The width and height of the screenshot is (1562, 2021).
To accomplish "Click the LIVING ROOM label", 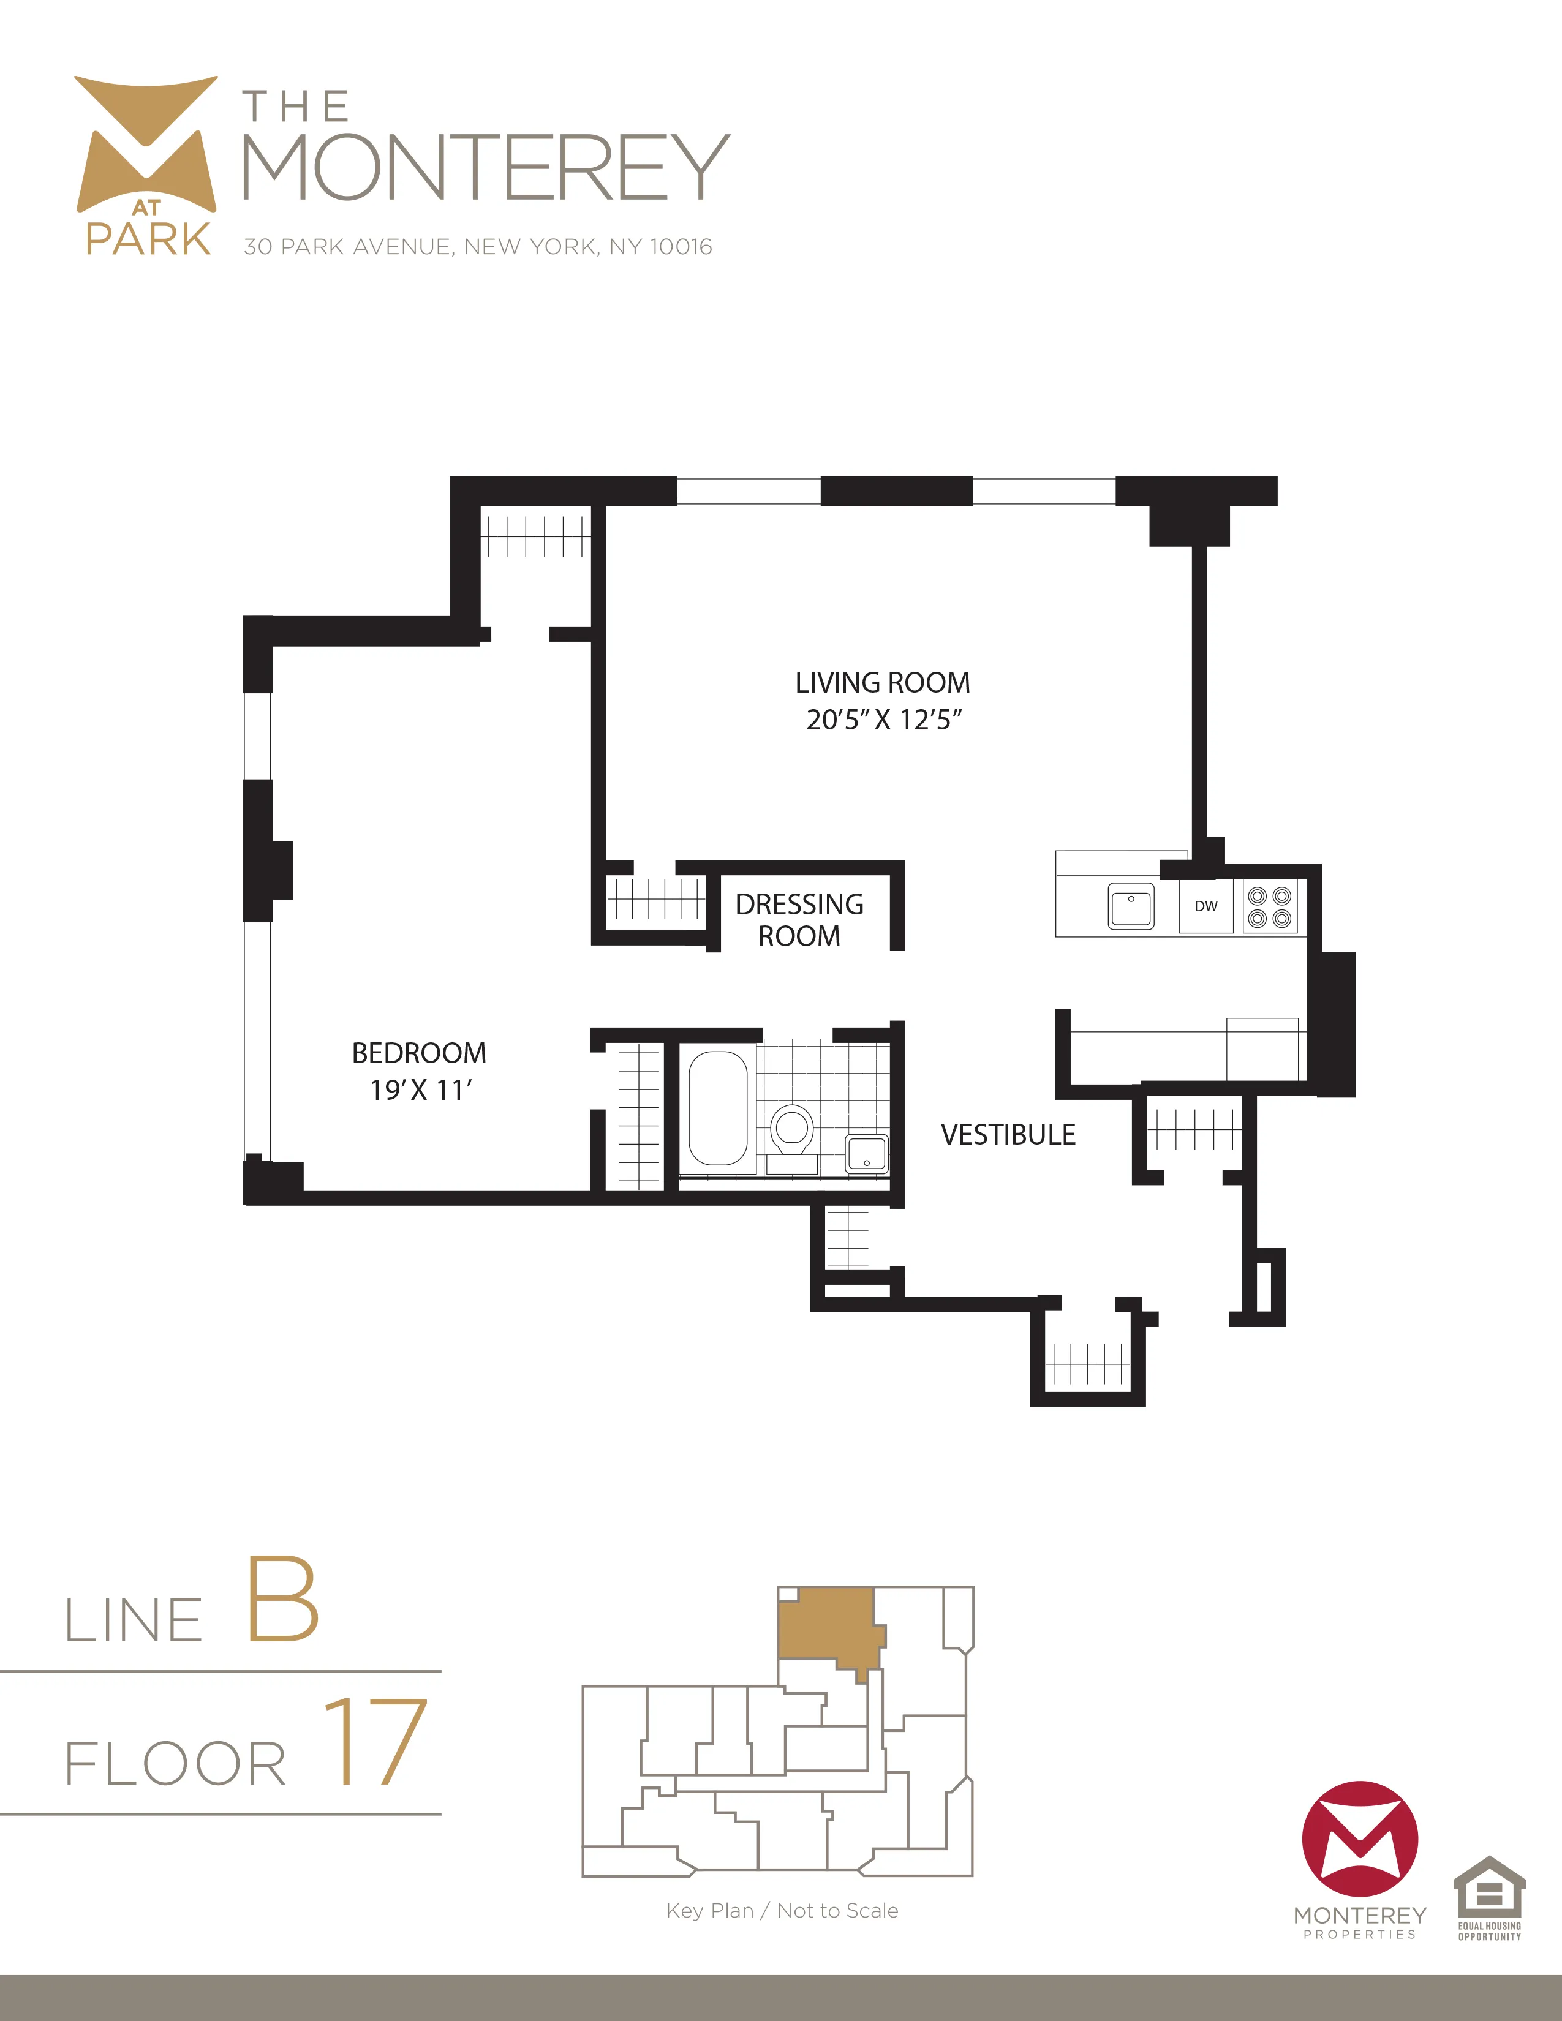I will (882, 683).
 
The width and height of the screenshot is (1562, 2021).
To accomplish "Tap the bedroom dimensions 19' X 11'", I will (421, 1090).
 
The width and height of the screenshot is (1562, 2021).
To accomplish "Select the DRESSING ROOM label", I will (799, 920).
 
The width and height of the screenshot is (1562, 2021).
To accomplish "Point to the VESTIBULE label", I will (1008, 1134).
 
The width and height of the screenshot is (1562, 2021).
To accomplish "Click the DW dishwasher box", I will (1205, 906).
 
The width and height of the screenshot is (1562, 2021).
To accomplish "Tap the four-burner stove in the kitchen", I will (1270, 907).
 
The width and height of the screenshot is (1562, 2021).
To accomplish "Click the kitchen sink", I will (1131, 906).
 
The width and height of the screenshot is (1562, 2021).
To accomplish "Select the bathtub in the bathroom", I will (718, 1108).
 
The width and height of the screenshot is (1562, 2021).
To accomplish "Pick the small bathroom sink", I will (867, 1153).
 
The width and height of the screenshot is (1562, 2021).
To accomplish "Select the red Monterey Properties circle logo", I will (1359, 1838).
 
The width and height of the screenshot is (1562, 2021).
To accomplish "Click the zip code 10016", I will (681, 247).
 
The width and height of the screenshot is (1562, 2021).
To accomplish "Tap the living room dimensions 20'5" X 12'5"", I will (884, 720).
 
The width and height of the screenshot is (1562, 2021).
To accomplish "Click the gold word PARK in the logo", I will (148, 239).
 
